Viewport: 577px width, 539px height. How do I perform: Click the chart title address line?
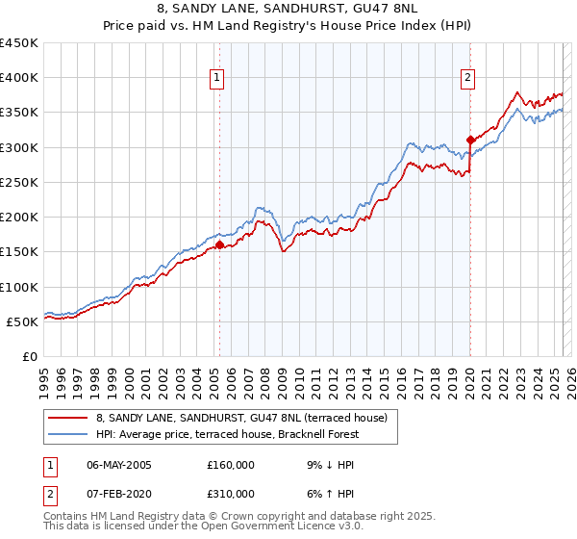coord(288,9)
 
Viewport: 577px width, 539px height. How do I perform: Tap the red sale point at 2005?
coord(219,244)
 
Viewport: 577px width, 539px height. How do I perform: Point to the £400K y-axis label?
coord(19,78)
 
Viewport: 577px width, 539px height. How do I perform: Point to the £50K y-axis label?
coord(23,321)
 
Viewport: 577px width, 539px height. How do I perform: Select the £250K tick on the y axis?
coord(19,182)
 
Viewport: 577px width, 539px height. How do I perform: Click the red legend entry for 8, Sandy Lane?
coord(240,418)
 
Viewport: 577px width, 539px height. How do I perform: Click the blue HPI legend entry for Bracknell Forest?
coord(227,434)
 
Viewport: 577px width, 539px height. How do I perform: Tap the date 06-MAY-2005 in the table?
coord(119,465)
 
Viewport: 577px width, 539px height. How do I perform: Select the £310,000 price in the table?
coord(231,494)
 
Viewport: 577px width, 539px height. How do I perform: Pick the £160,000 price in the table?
coord(231,465)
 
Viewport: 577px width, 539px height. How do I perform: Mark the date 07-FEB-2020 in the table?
coord(119,494)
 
